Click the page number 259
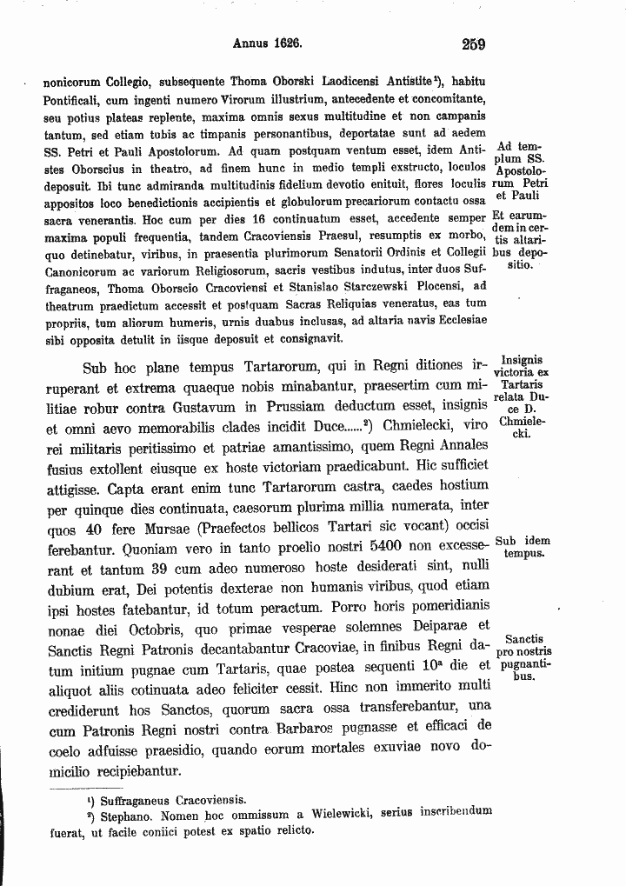(474, 44)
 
